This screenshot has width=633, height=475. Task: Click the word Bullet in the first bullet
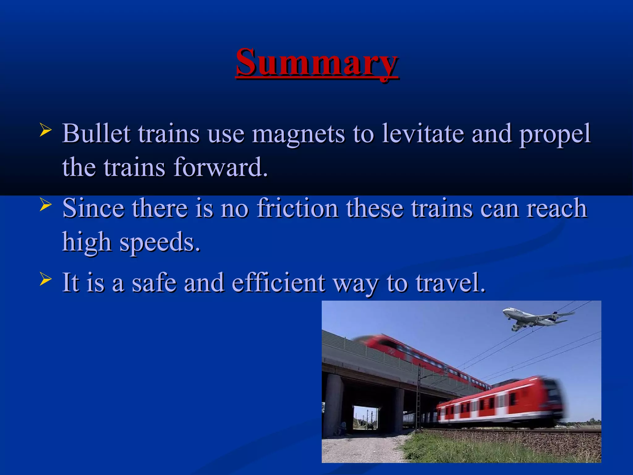(x=96, y=134)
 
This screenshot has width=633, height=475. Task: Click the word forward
(x=220, y=167)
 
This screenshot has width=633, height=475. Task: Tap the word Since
(x=93, y=208)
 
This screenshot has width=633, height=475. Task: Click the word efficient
(x=278, y=282)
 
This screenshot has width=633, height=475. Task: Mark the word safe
(x=154, y=282)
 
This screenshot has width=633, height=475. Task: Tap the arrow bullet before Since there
(x=45, y=205)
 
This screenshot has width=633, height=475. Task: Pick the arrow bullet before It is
(x=45, y=279)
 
